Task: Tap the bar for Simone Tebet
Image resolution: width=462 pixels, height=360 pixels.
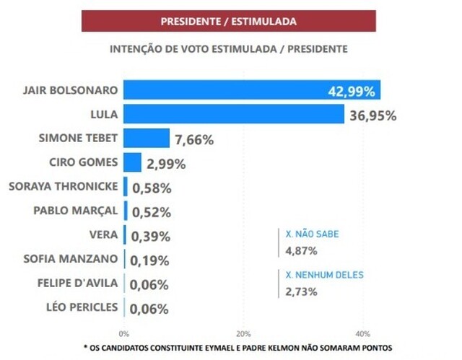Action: tap(147, 139)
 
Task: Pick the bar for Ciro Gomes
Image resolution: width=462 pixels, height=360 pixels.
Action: tap(132, 162)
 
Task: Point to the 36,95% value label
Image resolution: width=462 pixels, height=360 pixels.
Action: tap(372, 115)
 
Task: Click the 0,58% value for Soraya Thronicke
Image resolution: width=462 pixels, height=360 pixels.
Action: tap(151, 188)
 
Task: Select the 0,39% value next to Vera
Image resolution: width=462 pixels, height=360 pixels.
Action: tap(151, 237)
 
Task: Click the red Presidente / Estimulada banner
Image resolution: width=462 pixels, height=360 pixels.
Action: tap(228, 21)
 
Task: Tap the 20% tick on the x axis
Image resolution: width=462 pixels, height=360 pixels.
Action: tap(243, 334)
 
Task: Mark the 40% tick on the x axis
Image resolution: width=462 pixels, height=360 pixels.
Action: tap(363, 334)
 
